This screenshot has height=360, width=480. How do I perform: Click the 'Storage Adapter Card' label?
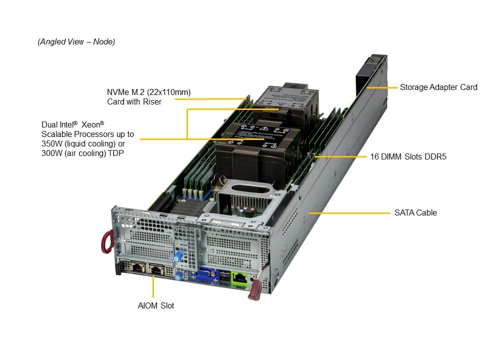pos(438,87)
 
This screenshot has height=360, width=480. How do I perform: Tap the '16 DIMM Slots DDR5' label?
pos(408,156)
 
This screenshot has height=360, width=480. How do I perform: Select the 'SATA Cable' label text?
pos(415,212)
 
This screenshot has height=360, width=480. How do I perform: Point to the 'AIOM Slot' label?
pos(156,305)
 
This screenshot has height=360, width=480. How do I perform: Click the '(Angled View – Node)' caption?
pos(76,42)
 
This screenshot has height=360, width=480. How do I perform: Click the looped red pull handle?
pos(106,242)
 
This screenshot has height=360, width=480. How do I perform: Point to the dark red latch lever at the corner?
pos(254,290)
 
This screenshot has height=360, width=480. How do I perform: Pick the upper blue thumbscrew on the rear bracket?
pos(176,255)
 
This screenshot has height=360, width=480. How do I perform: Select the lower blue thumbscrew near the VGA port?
pos(176,275)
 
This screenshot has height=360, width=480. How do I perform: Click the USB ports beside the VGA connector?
pos(223,277)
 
